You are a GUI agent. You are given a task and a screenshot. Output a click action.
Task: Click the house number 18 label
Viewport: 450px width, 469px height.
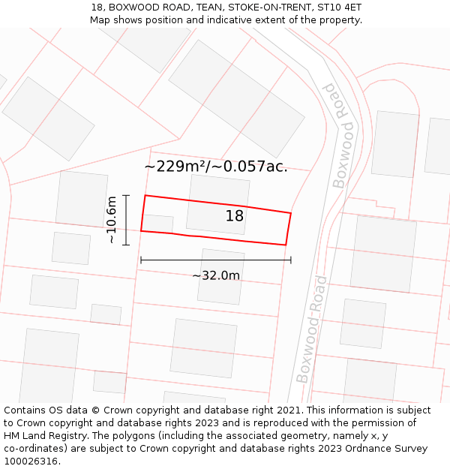point(235,216)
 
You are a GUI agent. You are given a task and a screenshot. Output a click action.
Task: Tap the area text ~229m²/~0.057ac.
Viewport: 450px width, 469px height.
point(216,167)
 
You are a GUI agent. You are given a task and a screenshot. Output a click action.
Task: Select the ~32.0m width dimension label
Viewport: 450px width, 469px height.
point(216,275)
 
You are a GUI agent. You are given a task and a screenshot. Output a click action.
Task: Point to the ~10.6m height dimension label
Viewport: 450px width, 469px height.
point(112,220)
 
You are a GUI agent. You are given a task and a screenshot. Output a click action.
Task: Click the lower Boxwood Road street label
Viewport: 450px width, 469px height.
point(312,329)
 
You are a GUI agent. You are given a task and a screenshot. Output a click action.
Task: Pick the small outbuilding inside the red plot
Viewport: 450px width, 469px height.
point(157,224)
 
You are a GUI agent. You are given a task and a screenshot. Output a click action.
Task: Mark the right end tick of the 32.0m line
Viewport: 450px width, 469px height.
point(291,260)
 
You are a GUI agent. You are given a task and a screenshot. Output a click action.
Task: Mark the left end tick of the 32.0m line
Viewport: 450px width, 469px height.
point(141,260)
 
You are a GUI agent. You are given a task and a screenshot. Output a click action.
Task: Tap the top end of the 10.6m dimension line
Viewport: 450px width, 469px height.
point(126,195)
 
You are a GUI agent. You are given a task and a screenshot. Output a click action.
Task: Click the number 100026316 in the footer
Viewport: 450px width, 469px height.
point(31,461)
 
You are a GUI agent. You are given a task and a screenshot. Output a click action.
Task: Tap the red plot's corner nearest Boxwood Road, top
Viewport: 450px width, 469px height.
point(290,213)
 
